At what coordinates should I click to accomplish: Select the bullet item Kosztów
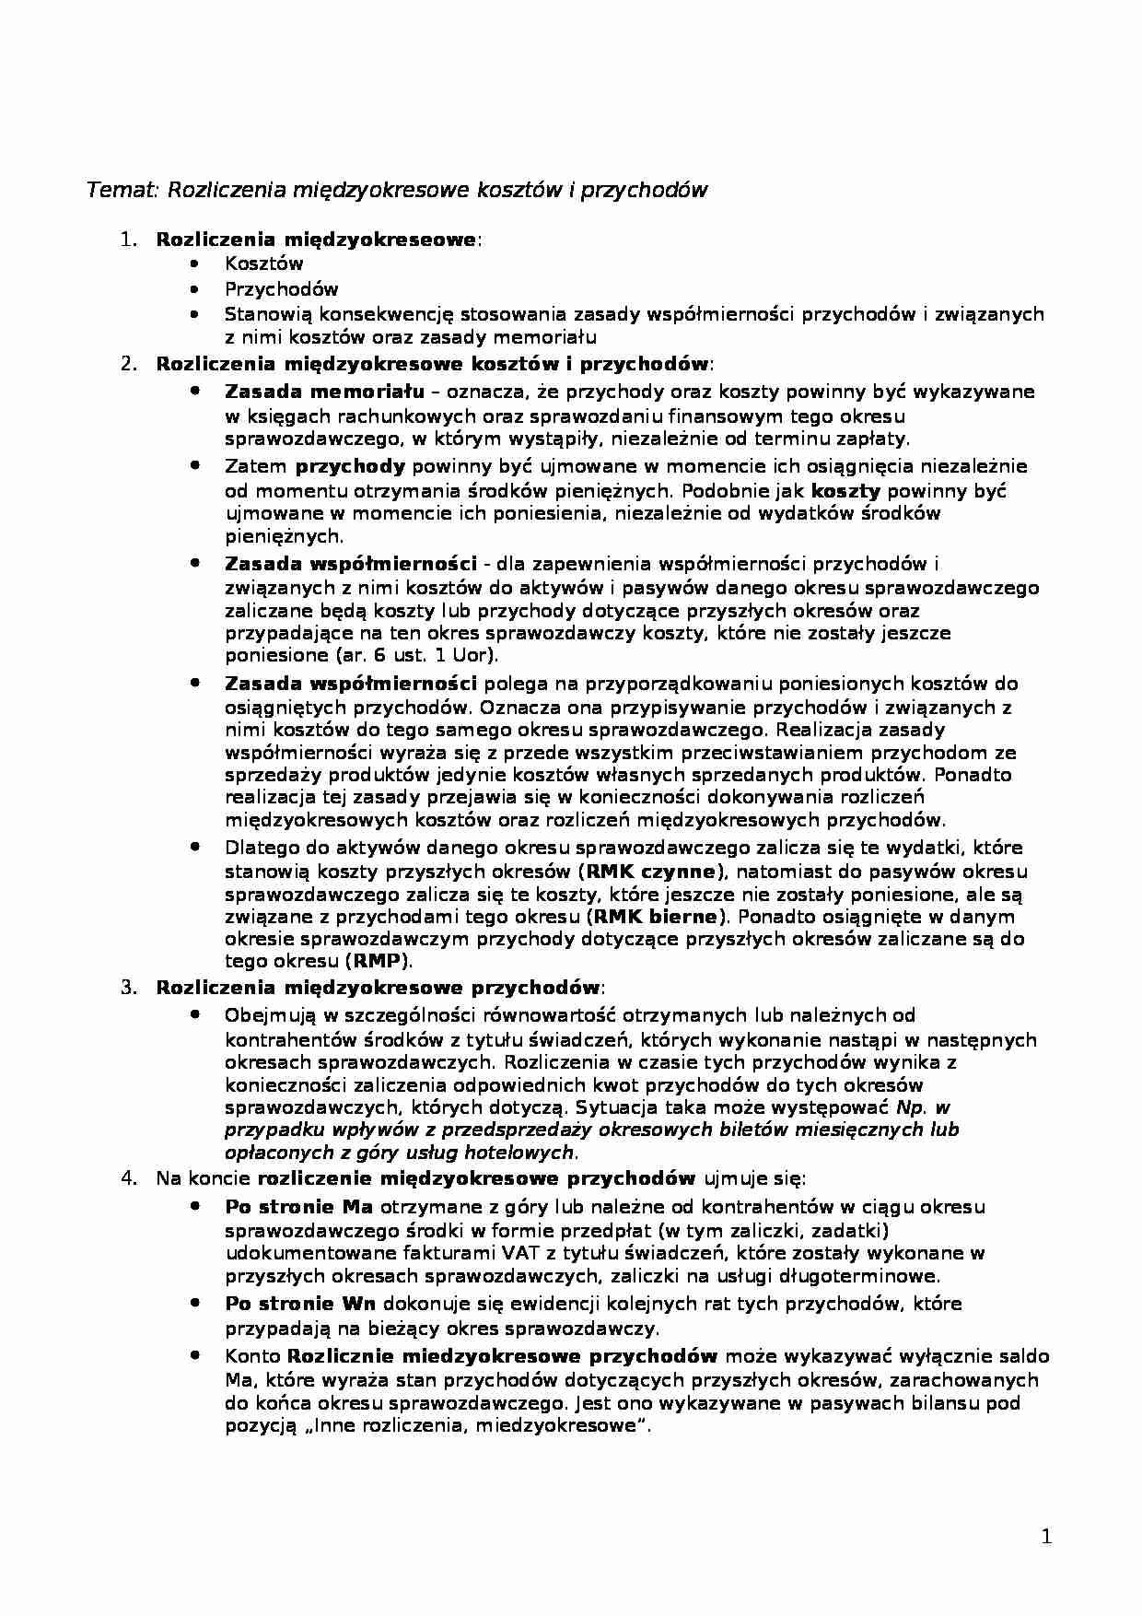coord(263,263)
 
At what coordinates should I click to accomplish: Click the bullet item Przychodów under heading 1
coord(281,289)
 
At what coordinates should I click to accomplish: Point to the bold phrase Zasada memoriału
coord(324,392)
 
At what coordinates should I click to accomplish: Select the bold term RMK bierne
coord(655,917)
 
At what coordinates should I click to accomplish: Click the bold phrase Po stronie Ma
coord(298,1207)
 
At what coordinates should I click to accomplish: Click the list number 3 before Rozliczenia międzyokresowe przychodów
coord(128,988)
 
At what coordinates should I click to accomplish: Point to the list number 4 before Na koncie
coord(128,1177)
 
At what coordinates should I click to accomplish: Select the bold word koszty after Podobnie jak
coord(845,490)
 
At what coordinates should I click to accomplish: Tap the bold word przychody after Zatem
coord(350,466)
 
